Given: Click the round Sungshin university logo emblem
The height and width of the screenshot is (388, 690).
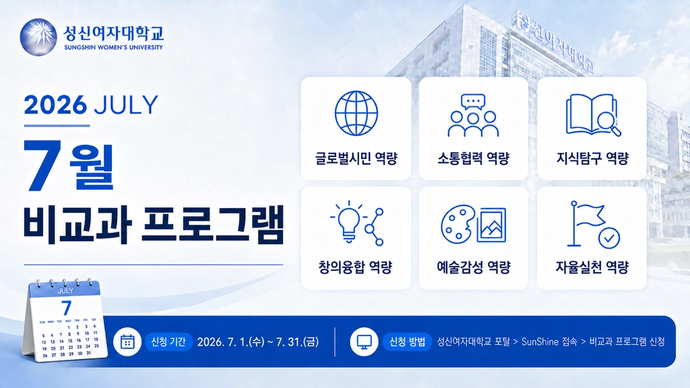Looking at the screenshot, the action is coord(38,38).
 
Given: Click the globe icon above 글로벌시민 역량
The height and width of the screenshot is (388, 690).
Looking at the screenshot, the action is coord(356,113).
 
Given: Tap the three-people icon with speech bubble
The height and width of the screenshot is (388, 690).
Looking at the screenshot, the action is coord(473,115).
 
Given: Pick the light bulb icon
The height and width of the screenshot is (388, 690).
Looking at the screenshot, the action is coord(348,222).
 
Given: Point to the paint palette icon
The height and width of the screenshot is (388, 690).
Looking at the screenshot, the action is coord(458,224).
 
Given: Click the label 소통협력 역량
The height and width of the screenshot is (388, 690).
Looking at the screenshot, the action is coord(473,158).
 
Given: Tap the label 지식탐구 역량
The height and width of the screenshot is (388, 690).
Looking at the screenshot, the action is coord(592,158).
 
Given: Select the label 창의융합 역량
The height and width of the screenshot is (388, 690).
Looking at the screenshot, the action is coord(355,267).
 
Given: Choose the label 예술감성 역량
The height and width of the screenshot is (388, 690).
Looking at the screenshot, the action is coord(474,267).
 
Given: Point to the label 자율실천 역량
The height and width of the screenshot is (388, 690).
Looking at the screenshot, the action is coord(592,267).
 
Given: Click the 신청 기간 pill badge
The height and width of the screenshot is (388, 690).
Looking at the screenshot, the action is coord(168,342).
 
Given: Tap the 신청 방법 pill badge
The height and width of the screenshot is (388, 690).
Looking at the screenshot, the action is coord(406,342).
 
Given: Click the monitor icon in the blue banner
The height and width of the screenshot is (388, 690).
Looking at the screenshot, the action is coord(364,342).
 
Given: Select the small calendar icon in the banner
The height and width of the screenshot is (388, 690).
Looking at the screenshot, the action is coord(127,342).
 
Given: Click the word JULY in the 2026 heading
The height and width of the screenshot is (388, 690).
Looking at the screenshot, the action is coord(126,104).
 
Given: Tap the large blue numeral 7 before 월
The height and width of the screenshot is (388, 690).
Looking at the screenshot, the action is coord(43,165).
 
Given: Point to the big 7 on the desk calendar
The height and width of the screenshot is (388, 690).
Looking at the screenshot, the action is coord(67,308).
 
